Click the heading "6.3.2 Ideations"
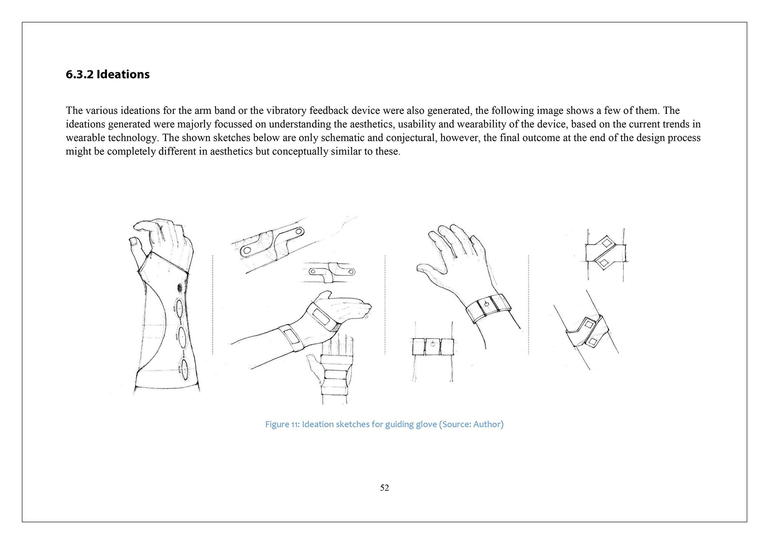[x=108, y=74]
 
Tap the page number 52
[x=384, y=488]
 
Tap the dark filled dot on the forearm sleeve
[x=180, y=287]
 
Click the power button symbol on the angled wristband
[x=486, y=304]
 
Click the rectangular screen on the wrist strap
[x=293, y=337]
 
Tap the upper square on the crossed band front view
[x=606, y=243]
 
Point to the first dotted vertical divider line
[x=213, y=304]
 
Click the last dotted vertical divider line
[x=529, y=304]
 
